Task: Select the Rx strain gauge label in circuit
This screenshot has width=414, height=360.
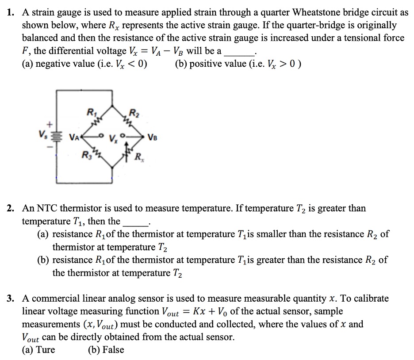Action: coord(138,156)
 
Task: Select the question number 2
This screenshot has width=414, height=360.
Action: coord(12,208)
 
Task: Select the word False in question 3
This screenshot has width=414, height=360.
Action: coord(112,350)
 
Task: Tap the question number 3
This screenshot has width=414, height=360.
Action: coord(12,299)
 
